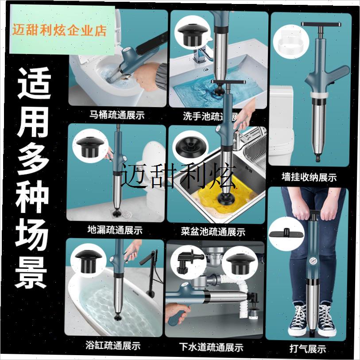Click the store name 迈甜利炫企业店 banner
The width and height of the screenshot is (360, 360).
pos(59,31)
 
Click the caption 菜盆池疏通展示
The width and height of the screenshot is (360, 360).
pos(213,231)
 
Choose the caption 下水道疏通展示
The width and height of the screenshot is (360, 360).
pos(211,347)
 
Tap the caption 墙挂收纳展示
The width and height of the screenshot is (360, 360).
pos(309,178)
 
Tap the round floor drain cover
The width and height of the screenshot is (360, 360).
pos(129,212)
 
